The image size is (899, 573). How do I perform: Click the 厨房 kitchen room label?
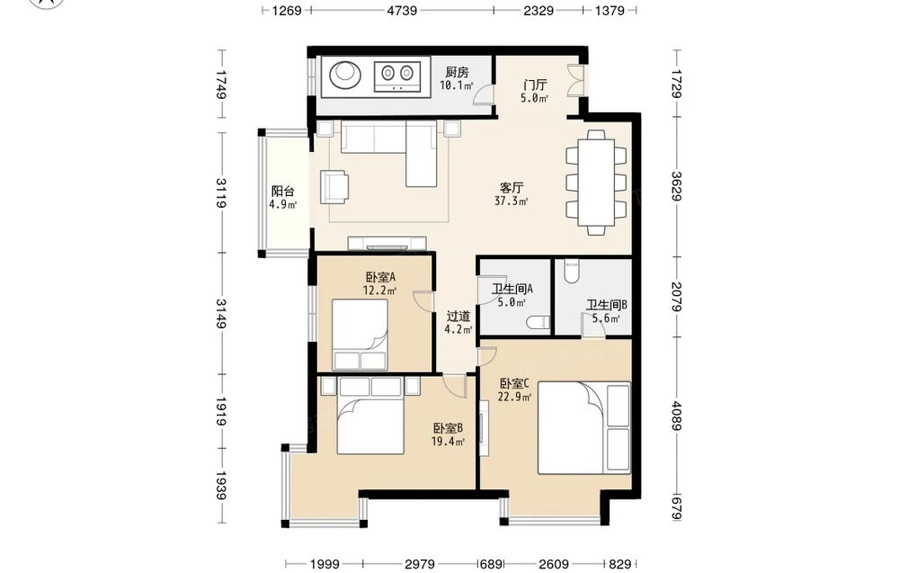coord(457,72)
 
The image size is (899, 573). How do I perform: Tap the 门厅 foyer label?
coord(534,85)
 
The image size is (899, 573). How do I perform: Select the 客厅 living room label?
coord(511,188)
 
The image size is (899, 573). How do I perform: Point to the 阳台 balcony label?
coord(282,192)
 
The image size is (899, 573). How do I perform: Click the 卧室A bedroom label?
coord(380,278)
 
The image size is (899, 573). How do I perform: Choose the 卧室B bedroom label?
coord(448,428)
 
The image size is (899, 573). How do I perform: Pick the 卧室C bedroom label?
coord(514,383)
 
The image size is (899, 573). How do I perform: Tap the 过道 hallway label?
coord(458,316)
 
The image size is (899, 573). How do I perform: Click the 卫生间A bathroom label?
coord(512,290)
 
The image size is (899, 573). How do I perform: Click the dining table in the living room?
coord(596,183)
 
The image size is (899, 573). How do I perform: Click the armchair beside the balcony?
coord(334,186)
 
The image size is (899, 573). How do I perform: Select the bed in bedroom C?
coord(583,428)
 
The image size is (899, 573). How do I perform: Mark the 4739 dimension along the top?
coord(402,10)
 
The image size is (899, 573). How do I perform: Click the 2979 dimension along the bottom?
coord(420,564)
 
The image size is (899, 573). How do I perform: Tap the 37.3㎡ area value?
coord(511,201)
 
